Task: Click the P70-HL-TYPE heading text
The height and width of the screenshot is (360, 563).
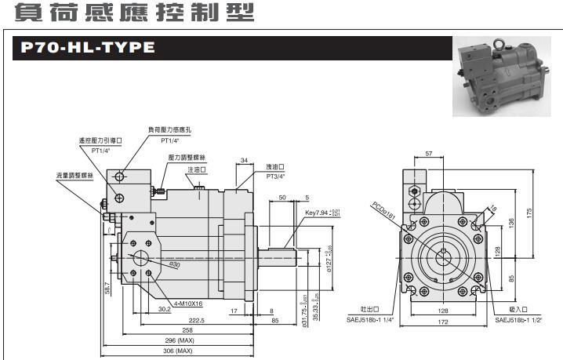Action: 88,49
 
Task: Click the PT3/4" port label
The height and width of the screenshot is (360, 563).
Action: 274,176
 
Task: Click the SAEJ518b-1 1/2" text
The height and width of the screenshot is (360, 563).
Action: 519,319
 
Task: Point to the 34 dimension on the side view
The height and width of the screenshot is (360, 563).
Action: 244,160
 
